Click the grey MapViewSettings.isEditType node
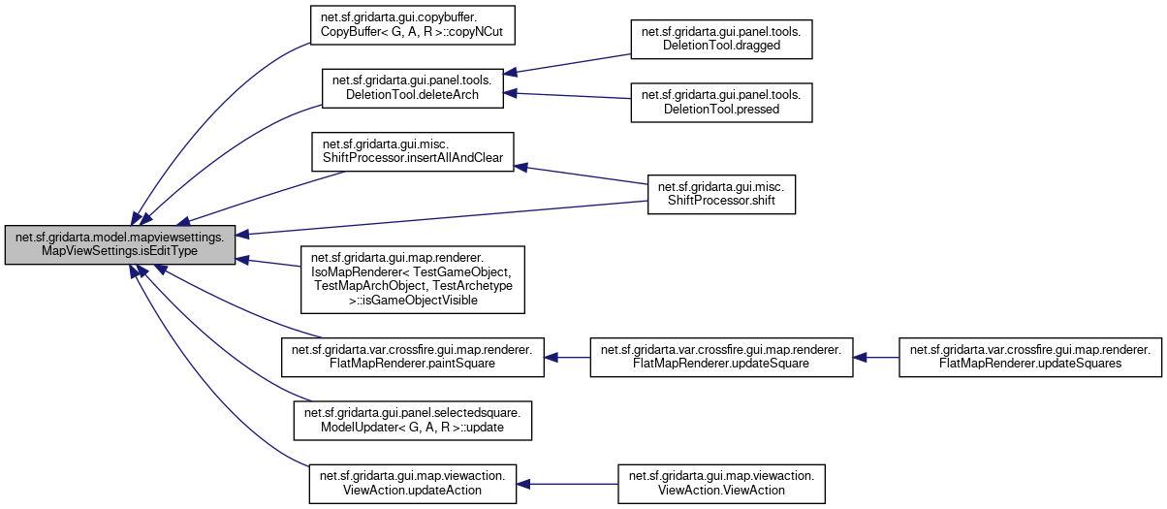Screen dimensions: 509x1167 [120, 245]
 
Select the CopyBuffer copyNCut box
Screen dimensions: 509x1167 [412, 25]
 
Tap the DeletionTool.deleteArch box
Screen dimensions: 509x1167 [412, 87]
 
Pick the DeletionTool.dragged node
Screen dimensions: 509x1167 [721, 37]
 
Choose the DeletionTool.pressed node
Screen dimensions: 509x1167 [721, 102]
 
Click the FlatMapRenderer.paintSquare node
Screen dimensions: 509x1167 [412, 357]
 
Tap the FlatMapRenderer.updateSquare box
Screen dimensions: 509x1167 [722, 357]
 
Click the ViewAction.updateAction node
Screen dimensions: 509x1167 [412, 483]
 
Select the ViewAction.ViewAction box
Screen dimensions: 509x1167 [721, 483]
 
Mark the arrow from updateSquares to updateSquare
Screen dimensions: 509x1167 [876, 357]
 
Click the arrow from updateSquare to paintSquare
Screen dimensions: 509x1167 [568, 357]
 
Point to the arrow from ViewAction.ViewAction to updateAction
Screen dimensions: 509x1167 [567, 483]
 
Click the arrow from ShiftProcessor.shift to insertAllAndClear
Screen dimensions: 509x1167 [582, 175]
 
